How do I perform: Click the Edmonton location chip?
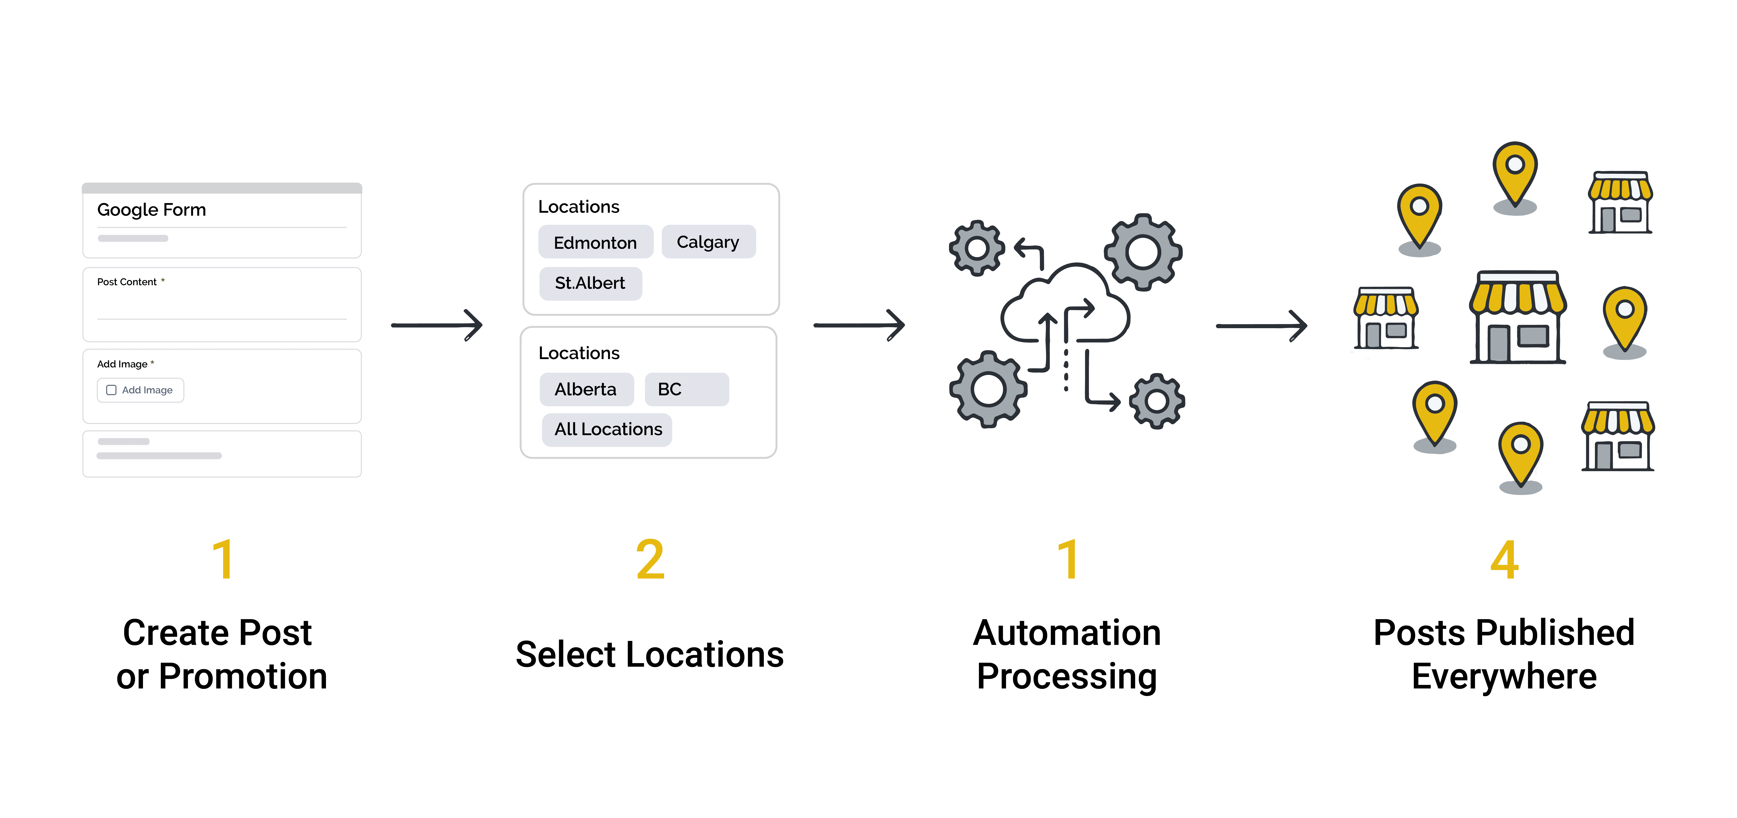point(596,242)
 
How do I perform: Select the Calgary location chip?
point(708,241)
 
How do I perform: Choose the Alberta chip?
point(586,389)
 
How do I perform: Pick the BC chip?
point(686,389)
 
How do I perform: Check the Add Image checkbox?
point(111,390)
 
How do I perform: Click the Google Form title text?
point(152,210)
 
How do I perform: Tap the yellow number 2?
point(650,560)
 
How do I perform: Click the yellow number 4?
point(1504,560)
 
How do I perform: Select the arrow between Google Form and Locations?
point(437,325)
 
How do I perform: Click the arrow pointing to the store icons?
point(1262,326)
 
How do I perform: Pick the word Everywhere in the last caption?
point(1504,676)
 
